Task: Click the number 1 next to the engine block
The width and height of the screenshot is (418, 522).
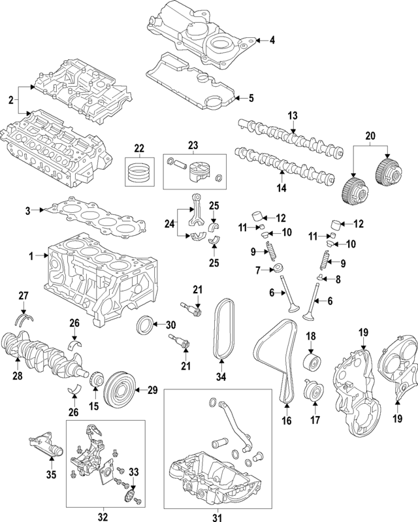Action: click(31, 257)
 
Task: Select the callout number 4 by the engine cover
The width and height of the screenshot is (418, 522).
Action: click(273, 41)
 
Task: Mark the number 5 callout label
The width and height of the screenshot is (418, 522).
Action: click(249, 99)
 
